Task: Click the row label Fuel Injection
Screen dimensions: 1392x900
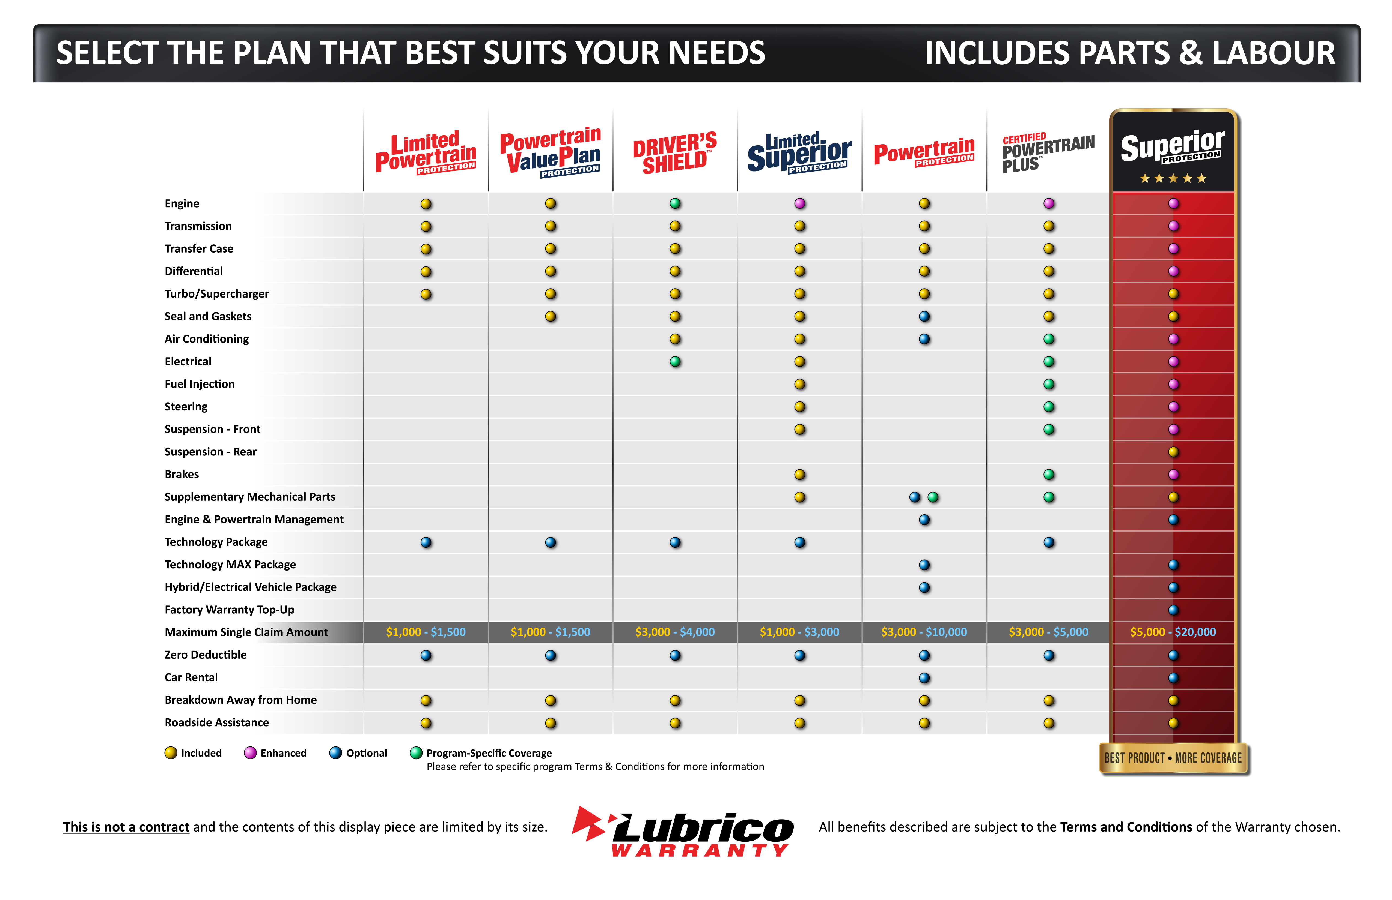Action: tap(200, 384)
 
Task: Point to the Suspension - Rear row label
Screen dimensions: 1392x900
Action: tap(210, 452)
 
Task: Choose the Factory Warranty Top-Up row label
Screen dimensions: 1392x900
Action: tap(229, 610)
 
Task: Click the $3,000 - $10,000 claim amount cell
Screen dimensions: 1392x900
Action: tap(924, 632)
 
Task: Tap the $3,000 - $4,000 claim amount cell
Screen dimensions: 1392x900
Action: tap(675, 632)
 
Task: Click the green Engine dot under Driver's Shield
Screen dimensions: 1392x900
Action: tap(675, 203)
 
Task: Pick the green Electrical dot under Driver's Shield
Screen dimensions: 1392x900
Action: tap(675, 362)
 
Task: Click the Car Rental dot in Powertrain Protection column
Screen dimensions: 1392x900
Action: tap(924, 678)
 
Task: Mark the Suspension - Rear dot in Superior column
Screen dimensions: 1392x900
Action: tap(1173, 452)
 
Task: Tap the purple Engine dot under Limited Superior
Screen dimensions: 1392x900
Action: tap(799, 203)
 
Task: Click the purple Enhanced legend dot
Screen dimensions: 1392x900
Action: tap(250, 753)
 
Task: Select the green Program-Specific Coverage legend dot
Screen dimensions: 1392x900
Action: tap(416, 753)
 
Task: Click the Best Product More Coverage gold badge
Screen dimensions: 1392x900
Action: tap(1173, 758)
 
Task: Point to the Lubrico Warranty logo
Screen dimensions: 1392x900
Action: tap(683, 831)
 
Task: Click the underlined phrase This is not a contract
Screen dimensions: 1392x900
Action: tap(126, 827)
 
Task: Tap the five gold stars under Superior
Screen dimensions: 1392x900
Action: tap(1173, 178)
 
